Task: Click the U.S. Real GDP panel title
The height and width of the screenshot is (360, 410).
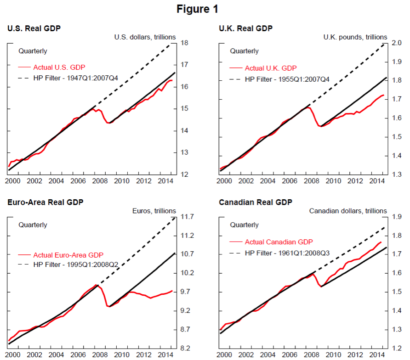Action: [x=34, y=28]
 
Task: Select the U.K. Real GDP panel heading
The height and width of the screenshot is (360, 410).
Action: [x=246, y=28]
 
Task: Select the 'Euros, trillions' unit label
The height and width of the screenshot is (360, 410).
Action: [x=154, y=211]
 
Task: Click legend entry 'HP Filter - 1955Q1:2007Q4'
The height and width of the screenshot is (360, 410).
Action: [x=287, y=79]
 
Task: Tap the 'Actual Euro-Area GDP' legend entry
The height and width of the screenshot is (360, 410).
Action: [x=68, y=254]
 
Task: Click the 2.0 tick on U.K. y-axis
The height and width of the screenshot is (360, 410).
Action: [x=396, y=43]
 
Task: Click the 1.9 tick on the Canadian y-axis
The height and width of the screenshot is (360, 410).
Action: [x=396, y=217]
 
